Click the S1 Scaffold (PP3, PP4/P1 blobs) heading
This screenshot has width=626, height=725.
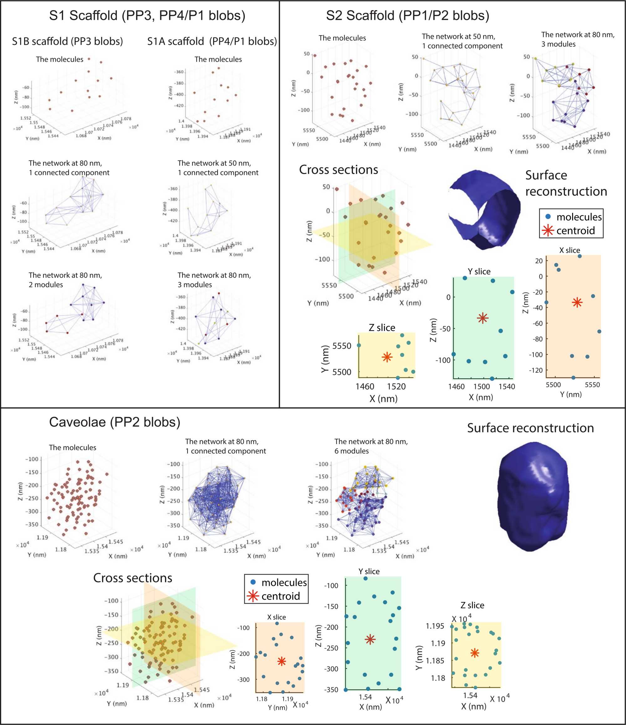147,16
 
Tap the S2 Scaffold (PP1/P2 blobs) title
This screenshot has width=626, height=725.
407,16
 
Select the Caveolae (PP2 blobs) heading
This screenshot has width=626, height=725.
115,422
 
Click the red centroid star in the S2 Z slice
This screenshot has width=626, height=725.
387,357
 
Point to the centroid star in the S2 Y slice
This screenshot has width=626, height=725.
483,318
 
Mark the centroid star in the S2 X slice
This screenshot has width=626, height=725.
577,302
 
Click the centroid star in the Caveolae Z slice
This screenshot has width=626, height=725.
475,653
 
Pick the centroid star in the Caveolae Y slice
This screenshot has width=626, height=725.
370,639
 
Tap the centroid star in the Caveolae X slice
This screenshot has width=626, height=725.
281,661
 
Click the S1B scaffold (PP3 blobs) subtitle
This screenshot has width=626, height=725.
67,41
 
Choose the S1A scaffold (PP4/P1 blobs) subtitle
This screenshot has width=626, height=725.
212,41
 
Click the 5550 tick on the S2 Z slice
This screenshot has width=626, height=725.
341,346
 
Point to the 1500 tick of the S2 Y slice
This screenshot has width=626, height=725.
481,386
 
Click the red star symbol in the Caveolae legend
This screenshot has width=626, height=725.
252,596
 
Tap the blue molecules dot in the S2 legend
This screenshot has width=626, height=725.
548,217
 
